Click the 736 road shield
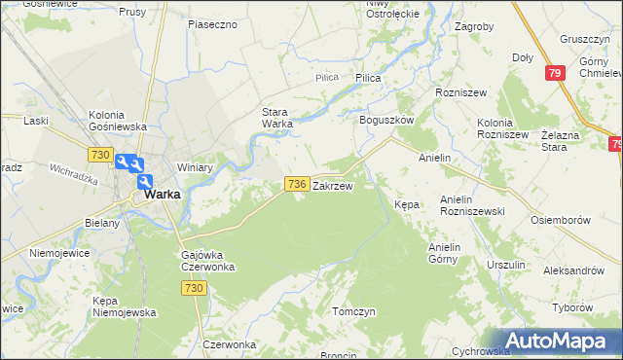tap(298, 184)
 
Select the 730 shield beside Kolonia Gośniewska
tap(99, 155)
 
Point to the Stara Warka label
tap(276, 118)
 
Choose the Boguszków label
tap(387, 120)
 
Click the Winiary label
tap(195, 167)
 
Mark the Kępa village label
tap(406, 205)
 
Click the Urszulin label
tap(506, 264)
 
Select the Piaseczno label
tap(213, 23)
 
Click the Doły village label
tap(523, 57)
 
